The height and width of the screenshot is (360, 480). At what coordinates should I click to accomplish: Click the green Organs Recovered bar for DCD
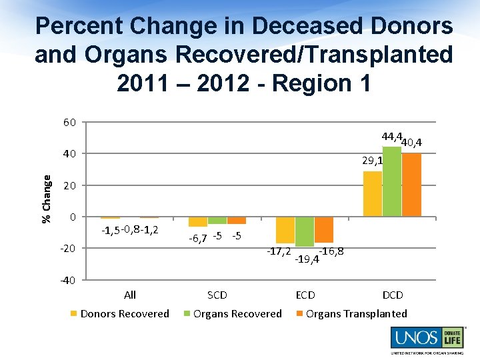point(392,181)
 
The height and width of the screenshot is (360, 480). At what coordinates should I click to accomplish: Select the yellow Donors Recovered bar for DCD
point(373,193)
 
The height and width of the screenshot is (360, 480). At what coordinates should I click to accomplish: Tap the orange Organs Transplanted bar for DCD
point(411,185)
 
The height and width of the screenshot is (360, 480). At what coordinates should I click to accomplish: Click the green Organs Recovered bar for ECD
point(305,231)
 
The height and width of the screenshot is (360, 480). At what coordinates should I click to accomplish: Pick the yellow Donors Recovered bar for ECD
point(285,230)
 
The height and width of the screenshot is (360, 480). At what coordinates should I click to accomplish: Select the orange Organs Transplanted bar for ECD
point(324,229)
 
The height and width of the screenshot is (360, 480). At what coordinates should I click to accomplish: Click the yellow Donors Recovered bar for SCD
point(198,221)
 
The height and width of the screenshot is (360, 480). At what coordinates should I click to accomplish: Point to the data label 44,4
point(391,137)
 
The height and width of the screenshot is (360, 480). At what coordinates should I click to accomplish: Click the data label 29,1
point(372,161)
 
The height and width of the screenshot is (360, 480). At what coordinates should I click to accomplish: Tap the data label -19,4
point(307,258)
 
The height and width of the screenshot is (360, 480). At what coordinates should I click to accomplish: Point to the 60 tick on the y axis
point(69,122)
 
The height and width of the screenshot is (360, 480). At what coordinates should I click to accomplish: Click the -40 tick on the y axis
point(68,280)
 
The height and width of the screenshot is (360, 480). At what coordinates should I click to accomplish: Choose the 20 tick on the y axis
point(69,185)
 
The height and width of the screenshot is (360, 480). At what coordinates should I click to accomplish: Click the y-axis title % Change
point(47,199)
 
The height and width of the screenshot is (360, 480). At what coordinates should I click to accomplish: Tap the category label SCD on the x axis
point(217,295)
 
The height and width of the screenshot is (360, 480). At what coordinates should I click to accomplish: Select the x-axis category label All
point(130,295)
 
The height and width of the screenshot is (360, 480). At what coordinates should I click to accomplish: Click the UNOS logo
point(427,339)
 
